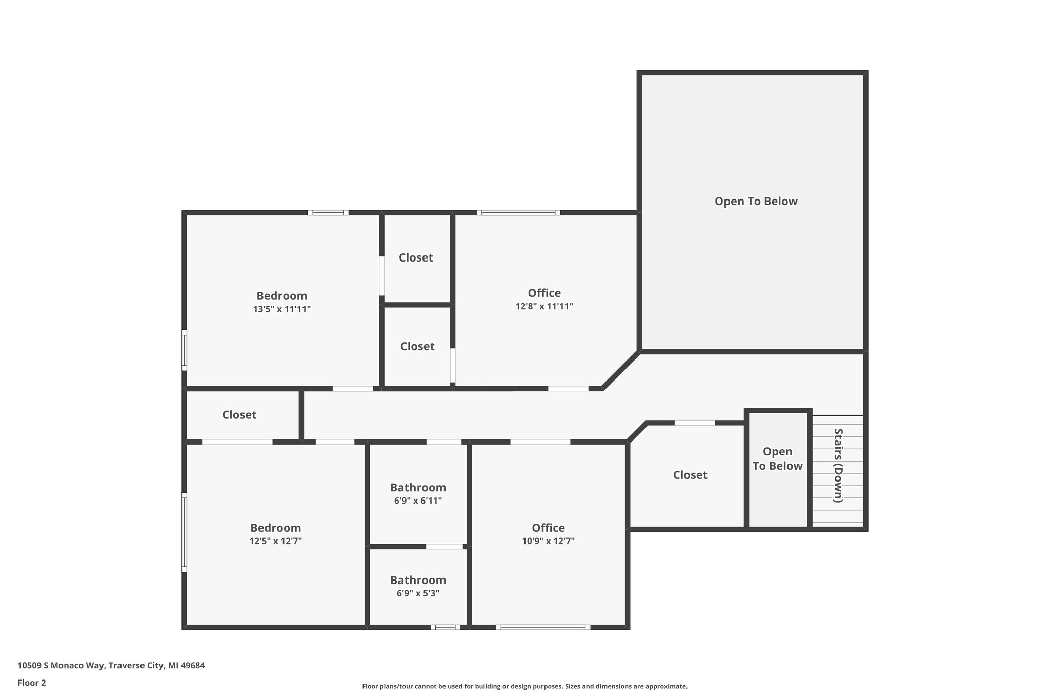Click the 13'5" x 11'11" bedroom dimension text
tap(281, 309)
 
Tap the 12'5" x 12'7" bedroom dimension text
tap(275, 541)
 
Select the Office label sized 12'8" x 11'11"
tap(544, 293)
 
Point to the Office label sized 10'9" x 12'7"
tap(548, 528)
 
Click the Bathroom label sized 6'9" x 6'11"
tap(418, 487)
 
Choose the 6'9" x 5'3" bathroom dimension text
tap(418, 593)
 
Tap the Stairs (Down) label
tap(838, 465)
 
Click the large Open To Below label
tap(756, 201)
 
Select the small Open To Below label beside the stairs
tap(777, 458)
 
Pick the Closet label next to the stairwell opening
tap(690, 475)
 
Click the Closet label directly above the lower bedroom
tap(239, 415)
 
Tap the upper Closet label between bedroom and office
tap(416, 257)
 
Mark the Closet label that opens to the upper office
tap(417, 346)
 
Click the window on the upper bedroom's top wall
tap(328, 212)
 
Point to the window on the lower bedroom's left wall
tap(184, 532)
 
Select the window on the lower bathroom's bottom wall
tap(445, 627)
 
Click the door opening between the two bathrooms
tap(445, 547)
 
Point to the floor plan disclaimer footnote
tap(524, 686)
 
